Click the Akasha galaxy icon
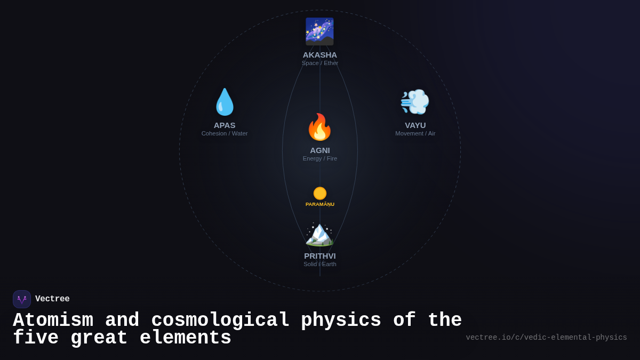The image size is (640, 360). pyautogui.click(x=319, y=31)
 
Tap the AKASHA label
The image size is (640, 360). pyautogui.click(x=320, y=54)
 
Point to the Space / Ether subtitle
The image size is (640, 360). pyautogui.click(x=320, y=63)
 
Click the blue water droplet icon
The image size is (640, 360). pyautogui.click(x=225, y=102)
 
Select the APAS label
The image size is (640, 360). pyautogui.click(x=225, y=125)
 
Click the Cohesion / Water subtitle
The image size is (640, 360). pyautogui.click(x=225, y=133)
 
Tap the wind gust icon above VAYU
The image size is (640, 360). pyautogui.click(x=415, y=102)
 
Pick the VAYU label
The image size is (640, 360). pyautogui.click(x=415, y=125)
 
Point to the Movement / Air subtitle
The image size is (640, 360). pyautogui.click(x=415, y=133)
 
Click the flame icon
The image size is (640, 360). pyautogui.click(x=319, y=127)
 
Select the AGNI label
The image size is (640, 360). pyautogui.click(x=320, y=150)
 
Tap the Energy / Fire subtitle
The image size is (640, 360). pyautogui.click(x=320, y=158)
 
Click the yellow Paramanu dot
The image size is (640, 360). pyautogui.click(x=320, y=193)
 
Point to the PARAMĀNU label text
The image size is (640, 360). pyautogui.click(x=320, y=204)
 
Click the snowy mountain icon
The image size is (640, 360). pyautogui.click(x=319, y=234)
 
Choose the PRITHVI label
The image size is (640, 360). pyautogui.click(x=320, y=255)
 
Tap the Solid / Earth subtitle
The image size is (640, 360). pyautogui.click(x=320, y=264)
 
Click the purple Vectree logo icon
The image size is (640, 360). pyautogui.click(x=22, y=299)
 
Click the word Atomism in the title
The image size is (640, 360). pyautogui.click(x=53, y=321)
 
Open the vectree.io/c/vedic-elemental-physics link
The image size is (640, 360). pyautogui.click(x=546, y=338)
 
